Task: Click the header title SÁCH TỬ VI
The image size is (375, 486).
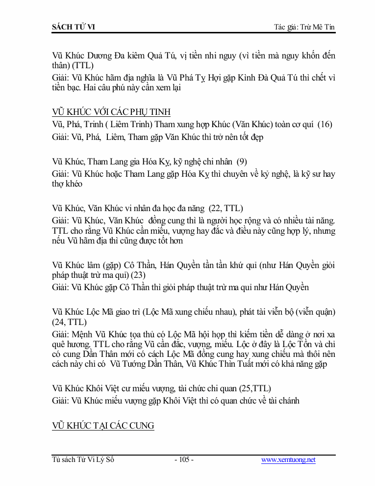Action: click(x=74, y=27)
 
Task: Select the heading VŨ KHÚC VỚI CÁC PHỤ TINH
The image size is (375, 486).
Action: click(x=111, y=112)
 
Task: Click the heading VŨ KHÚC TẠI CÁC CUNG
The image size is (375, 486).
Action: click(x=103, y=426)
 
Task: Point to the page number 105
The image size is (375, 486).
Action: click(x=184, y=460)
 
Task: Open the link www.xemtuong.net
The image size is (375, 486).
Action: click(x=288, y=460)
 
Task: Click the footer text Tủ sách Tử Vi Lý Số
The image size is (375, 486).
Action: click(x=83, y=460)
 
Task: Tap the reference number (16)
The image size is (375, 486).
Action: click(x=325, y=125)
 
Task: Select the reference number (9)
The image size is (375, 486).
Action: click(x=241, y=161)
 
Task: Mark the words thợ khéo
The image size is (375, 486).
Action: click(x=67, y=184)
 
